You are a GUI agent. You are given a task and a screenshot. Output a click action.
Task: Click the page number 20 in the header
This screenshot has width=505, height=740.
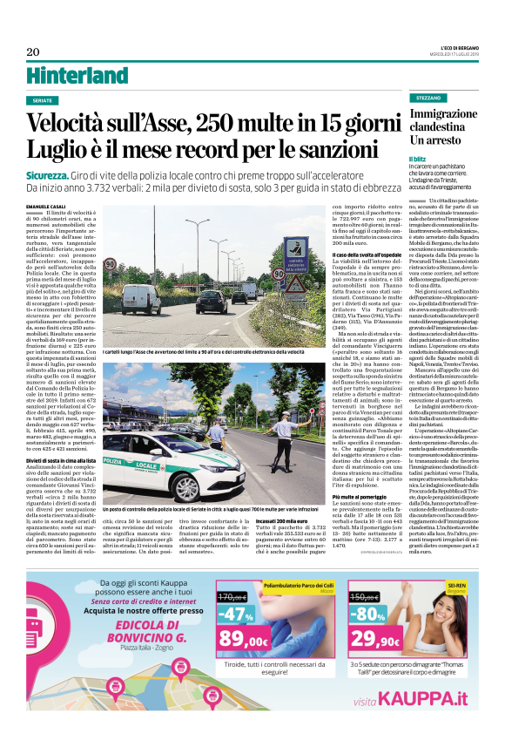(x=33, y=51)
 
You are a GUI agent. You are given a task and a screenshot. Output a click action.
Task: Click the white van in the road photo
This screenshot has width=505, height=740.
(x=140, y=298)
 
